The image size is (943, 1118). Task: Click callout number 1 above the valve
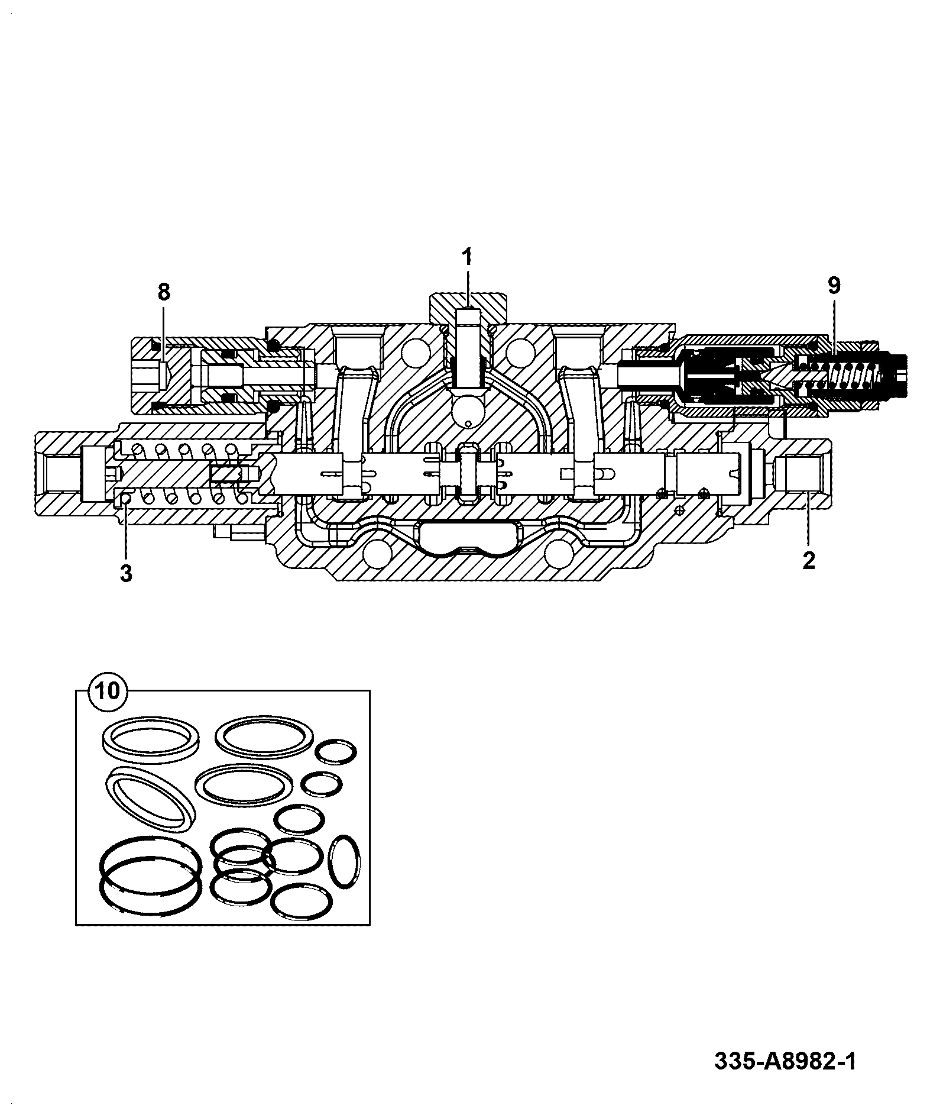pos(467,257)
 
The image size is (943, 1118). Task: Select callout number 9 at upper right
pos(833,286)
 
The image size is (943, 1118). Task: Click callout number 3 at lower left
pos(126,573)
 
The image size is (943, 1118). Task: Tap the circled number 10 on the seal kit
pos(108,691)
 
